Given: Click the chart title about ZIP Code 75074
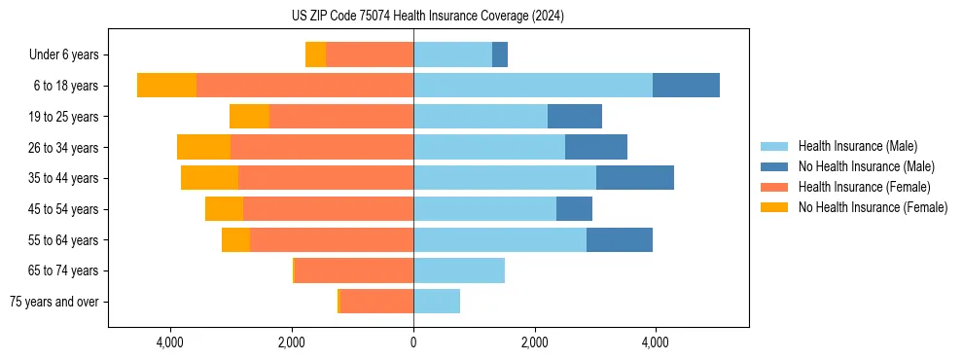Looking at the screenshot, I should coord(427,17).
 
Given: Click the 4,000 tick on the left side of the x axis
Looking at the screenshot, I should coord(170,342).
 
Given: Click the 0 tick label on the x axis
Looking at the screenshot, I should coord(413,342).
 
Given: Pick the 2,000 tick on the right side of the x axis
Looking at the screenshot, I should coord(534,342).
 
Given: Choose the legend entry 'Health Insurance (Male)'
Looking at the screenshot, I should coord(857,146).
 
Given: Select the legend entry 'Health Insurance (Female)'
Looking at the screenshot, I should coord(864,187).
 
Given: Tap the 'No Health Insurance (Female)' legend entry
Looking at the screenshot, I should coord(873,207).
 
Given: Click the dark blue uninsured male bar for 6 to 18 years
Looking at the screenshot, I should coord(686,86).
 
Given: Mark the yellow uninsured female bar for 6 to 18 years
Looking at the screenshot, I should coord(166,86).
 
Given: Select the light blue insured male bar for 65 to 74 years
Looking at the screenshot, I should coord(459,270).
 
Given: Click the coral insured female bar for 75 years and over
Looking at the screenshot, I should coord(376,302).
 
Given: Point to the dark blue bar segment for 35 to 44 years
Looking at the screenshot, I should coord(635,178).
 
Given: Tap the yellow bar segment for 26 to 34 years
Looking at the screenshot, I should coord(203,147).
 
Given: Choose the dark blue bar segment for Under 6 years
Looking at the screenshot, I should coord(500,55).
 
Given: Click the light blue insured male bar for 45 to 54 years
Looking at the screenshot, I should coord(484,209).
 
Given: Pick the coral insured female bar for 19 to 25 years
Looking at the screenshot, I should coord(341,117).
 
